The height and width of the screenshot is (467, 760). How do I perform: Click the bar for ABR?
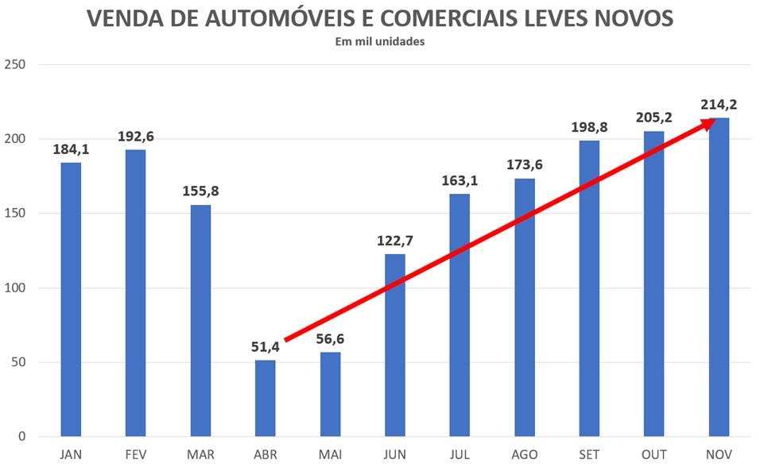266,398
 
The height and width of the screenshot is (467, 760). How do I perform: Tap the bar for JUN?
395,345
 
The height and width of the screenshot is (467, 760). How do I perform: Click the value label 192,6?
135,137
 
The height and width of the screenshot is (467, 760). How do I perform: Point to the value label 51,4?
266,346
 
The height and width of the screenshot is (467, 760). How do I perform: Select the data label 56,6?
330,339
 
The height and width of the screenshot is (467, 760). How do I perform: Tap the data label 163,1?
460,181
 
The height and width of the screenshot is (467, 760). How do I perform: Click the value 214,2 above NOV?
719,105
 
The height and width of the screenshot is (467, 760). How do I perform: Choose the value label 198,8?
590,128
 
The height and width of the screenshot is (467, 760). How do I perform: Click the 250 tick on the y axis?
16,65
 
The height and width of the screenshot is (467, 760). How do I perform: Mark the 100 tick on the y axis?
16,288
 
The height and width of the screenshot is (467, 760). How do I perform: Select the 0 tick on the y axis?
22,437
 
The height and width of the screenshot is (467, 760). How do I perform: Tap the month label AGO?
525,454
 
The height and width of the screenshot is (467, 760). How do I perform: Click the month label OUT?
654,454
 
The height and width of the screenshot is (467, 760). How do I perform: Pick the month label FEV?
135,454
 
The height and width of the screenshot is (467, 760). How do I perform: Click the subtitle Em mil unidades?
380,42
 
